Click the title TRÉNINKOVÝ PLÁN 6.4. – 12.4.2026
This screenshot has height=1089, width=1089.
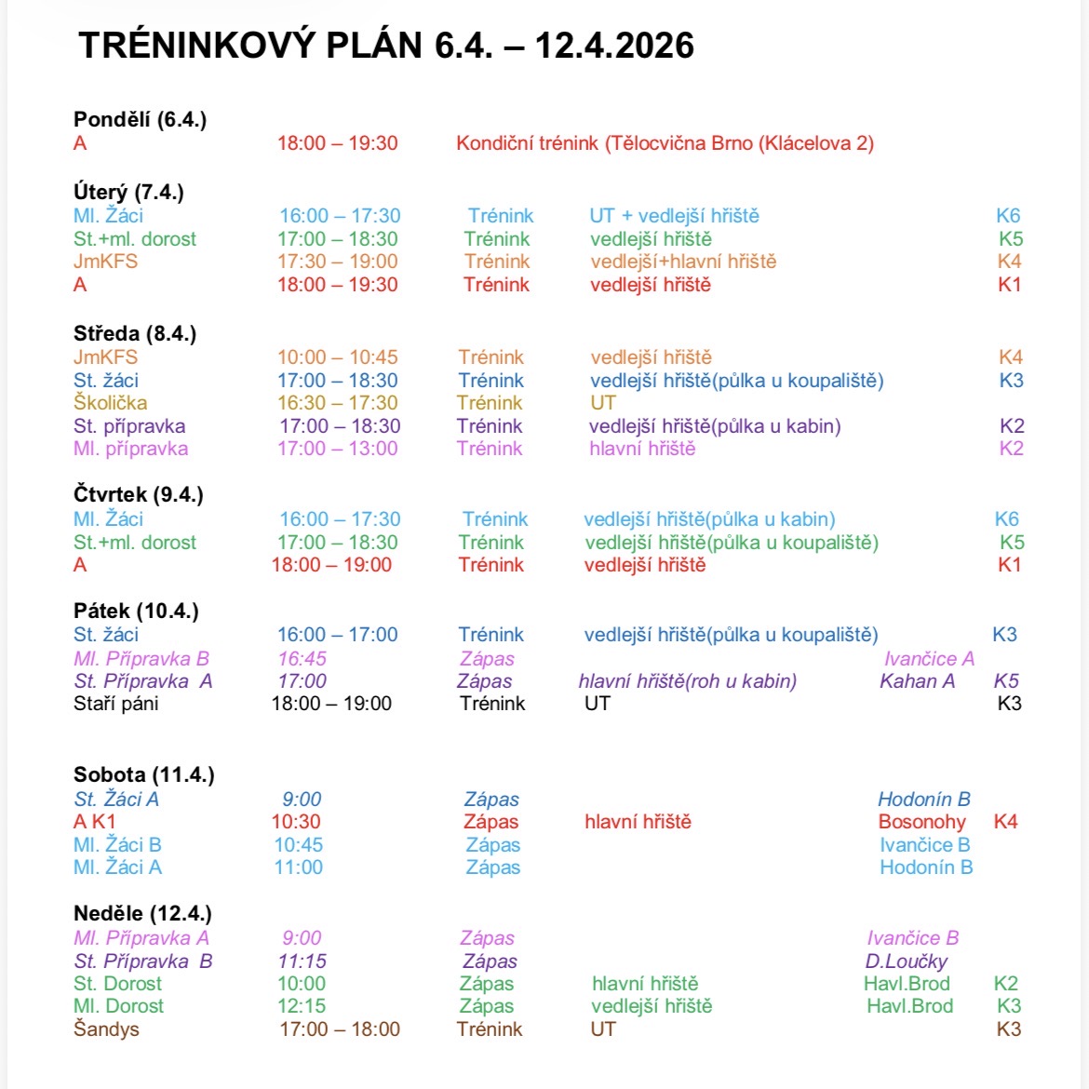tap(386, 45)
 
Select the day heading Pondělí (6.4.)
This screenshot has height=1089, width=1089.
tap(140, 119)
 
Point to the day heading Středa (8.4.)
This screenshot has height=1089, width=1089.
tap(135, 333)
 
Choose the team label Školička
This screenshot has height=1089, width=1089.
tap(110, 403)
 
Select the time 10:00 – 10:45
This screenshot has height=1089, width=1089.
tap(337, 357)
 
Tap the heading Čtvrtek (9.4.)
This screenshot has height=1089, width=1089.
tap(138, 494)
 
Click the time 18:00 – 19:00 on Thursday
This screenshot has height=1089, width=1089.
tap(331, 565)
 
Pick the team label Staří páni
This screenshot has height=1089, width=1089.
tap(115, 704)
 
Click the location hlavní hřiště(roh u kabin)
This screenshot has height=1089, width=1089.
tap(687, 681)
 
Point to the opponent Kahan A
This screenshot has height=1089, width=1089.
tap(917, 681)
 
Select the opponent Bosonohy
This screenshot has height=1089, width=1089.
tap(921, 822)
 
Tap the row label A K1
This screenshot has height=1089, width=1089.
tap(94, 822)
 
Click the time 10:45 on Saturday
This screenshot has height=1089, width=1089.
tap(298, 845)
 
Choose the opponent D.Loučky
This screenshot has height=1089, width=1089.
tap(906, 961)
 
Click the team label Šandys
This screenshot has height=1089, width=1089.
tap(106, 1029)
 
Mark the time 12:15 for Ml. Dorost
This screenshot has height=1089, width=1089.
tap(302, 1006)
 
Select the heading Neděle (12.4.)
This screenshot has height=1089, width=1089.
tap(142, 914)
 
